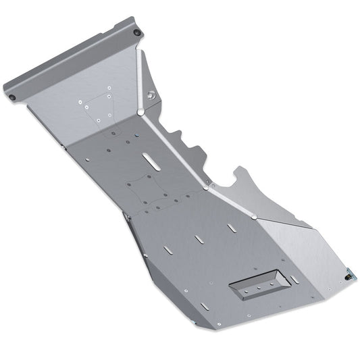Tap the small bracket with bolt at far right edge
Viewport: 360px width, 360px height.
point(349,274)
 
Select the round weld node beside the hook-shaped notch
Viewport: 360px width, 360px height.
point(206,188)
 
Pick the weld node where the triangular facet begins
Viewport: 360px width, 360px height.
point(253,217)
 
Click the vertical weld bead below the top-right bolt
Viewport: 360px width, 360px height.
point(138,74)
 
